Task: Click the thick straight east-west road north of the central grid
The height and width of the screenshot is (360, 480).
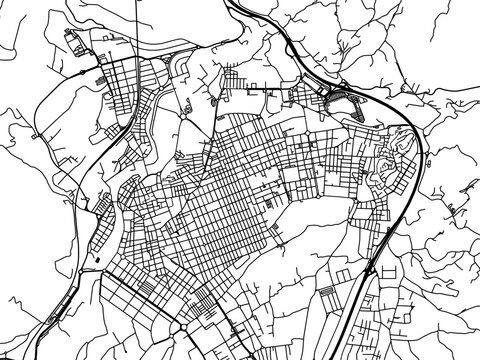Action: pos(250,91)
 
